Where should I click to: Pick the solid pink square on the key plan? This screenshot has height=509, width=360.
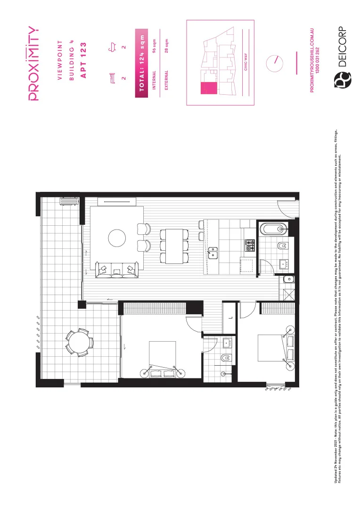[206, 88]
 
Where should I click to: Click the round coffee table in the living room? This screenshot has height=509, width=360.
[117, 238]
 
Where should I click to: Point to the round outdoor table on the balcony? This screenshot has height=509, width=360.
[79, 342]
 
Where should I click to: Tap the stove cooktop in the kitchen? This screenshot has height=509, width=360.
[249, 245]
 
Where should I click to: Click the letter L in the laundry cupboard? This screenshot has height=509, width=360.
[229, 318]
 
